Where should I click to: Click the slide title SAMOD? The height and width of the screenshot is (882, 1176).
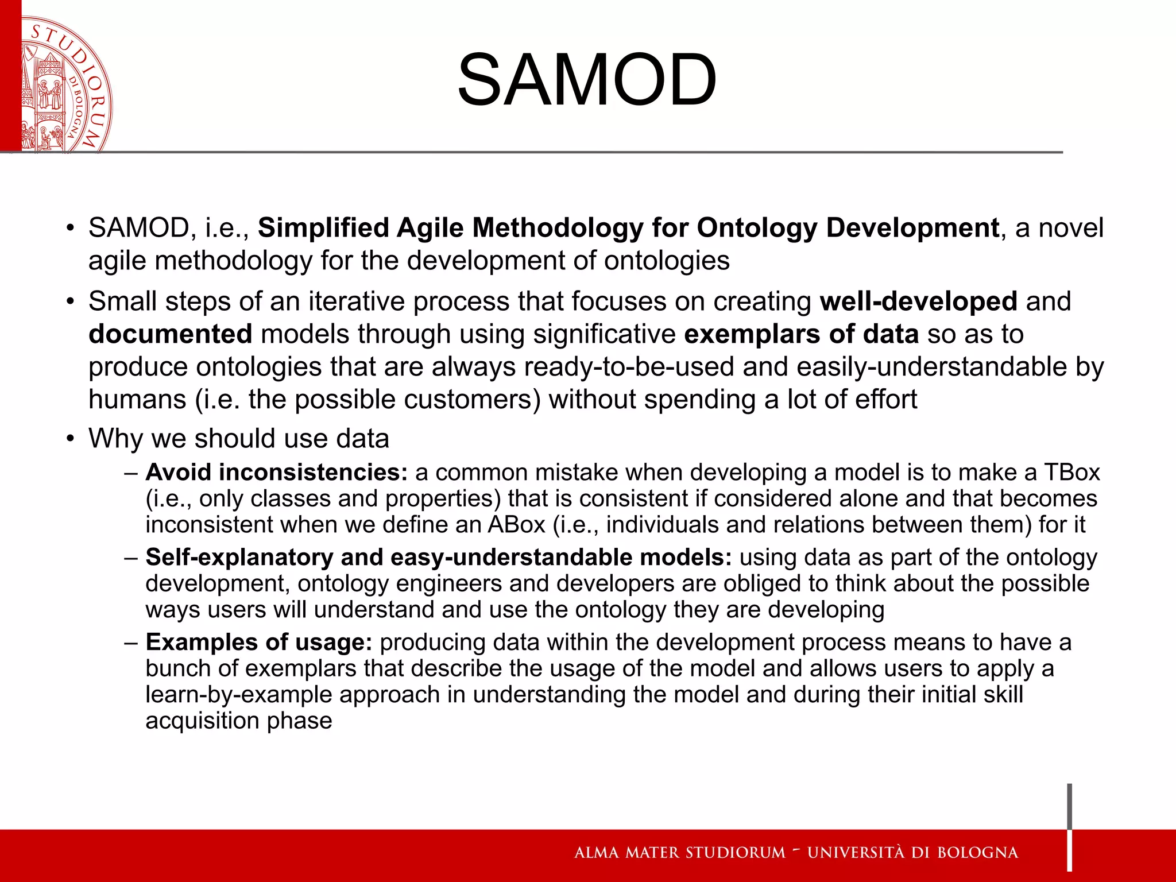point(587,80)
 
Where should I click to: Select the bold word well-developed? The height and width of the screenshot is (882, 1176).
point(918,301)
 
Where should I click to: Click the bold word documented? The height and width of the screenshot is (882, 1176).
point(171,334)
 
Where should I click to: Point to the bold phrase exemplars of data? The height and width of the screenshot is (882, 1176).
point(801,334)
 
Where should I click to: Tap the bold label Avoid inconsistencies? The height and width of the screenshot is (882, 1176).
point(276,473)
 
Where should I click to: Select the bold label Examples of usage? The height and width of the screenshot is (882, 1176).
point(259,643)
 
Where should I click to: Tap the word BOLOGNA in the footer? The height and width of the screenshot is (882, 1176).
point(977,853)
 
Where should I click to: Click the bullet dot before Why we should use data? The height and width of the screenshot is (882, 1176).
point(70,439)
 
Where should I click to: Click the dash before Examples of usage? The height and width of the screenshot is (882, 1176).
point(131,643)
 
